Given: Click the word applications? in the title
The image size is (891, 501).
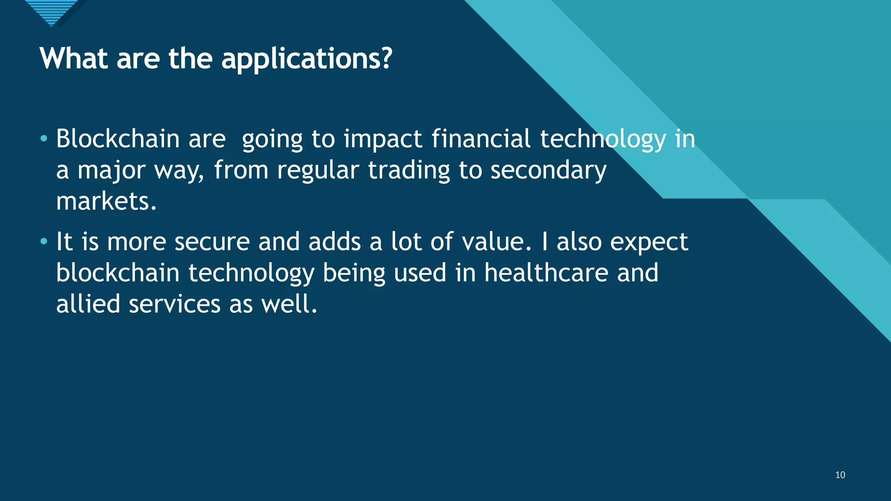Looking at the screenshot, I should [x=307, y=59].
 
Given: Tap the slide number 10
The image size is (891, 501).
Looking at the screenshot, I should [x=840, y=475].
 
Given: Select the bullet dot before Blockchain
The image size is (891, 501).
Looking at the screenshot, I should [x=44, y=139].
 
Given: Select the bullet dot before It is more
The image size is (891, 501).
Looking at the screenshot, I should [x=44, y=241].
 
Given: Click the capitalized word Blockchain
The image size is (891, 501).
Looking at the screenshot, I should [x=118, y=139].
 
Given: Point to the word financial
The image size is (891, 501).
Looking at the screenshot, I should [x=481, y=139].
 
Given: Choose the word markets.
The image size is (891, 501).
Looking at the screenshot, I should [x=106, y=201].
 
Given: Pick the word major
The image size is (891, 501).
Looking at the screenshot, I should [x=111, y=170].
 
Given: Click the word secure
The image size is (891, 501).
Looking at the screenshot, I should [x=212, y=242].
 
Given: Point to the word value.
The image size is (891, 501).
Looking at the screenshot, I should [x=496, y=242].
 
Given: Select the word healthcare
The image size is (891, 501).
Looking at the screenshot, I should [x=546, y=273].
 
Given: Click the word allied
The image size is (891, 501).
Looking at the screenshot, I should [x=88, y=304].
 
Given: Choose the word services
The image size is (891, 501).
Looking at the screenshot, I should [x=174, y=304].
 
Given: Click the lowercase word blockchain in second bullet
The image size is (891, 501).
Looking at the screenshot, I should [x=118, y=273].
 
